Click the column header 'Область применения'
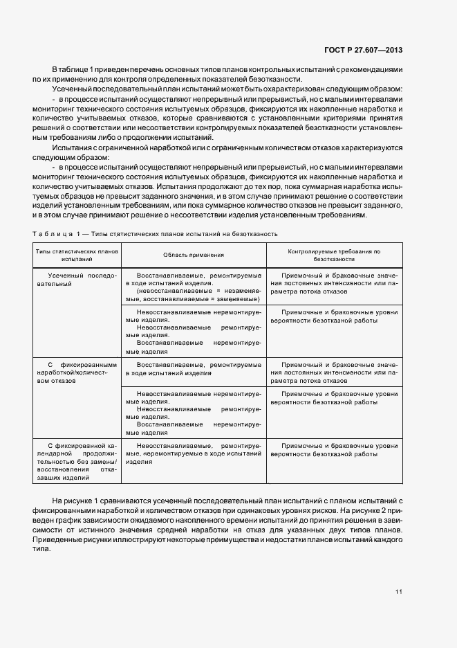pyautogui.click(x=194, y=255)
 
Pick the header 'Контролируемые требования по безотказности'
pyautogui.click(x=334, y=255)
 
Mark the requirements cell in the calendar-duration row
pyautogui.click(x=334, y=451)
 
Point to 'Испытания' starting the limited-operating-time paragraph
pyautogui.click(x=73, y=148)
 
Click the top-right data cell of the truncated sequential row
pyautogui.click(x=334, y=283)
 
